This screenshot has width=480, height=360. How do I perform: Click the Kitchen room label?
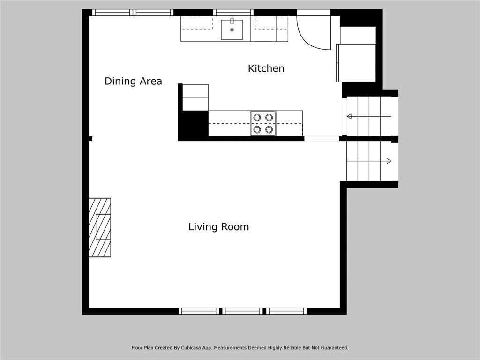coord(266,68)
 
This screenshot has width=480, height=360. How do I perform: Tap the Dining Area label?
coord(133,81)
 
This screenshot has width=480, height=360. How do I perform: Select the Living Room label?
coord(218,227)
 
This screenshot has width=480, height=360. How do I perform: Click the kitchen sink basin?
coord(232,30)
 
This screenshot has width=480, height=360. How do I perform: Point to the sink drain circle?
coord(232,30)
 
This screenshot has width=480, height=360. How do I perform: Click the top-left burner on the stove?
coord(257,118)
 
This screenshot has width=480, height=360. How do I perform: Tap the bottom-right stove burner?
coord(269,129)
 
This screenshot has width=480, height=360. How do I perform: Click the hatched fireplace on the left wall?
coord(100,227)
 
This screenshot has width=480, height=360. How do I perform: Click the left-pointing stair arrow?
coord(369,116)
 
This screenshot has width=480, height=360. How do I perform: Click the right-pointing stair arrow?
coord(369,161)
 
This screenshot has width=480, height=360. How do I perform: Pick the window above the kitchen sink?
coord(233,13)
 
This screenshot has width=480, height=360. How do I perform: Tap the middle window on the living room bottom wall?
coord(242,311)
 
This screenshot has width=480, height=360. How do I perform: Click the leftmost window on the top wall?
coord(112,13)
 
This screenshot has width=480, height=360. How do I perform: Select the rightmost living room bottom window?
coord(286,311)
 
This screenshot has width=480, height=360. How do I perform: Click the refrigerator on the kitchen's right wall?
coord(356,63)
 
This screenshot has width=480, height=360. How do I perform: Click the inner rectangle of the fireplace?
coord(103,227)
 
